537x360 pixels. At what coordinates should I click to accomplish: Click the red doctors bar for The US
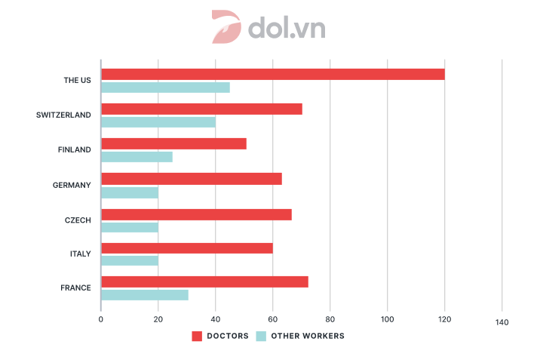272,74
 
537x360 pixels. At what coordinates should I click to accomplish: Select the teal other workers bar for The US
165,88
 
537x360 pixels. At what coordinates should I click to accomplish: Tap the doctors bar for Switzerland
201,109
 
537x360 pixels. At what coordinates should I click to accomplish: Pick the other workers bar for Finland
137,157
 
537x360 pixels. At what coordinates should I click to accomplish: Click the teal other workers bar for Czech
130,226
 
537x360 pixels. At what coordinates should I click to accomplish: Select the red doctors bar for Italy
186,248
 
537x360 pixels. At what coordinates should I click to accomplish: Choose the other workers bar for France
144,295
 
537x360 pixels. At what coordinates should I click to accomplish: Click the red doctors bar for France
204,282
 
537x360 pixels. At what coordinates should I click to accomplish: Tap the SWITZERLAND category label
63,115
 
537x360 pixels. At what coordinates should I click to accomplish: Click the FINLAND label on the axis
74,149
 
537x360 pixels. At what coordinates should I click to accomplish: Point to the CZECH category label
78,220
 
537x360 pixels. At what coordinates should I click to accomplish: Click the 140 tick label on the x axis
502,322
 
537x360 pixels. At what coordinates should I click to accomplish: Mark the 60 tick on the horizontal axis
272,318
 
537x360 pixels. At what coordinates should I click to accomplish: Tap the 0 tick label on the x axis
100,318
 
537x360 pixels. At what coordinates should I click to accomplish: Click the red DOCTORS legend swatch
198,336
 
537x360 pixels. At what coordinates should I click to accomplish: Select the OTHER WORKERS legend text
308,336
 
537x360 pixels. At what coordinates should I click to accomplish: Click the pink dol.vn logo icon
226,27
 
